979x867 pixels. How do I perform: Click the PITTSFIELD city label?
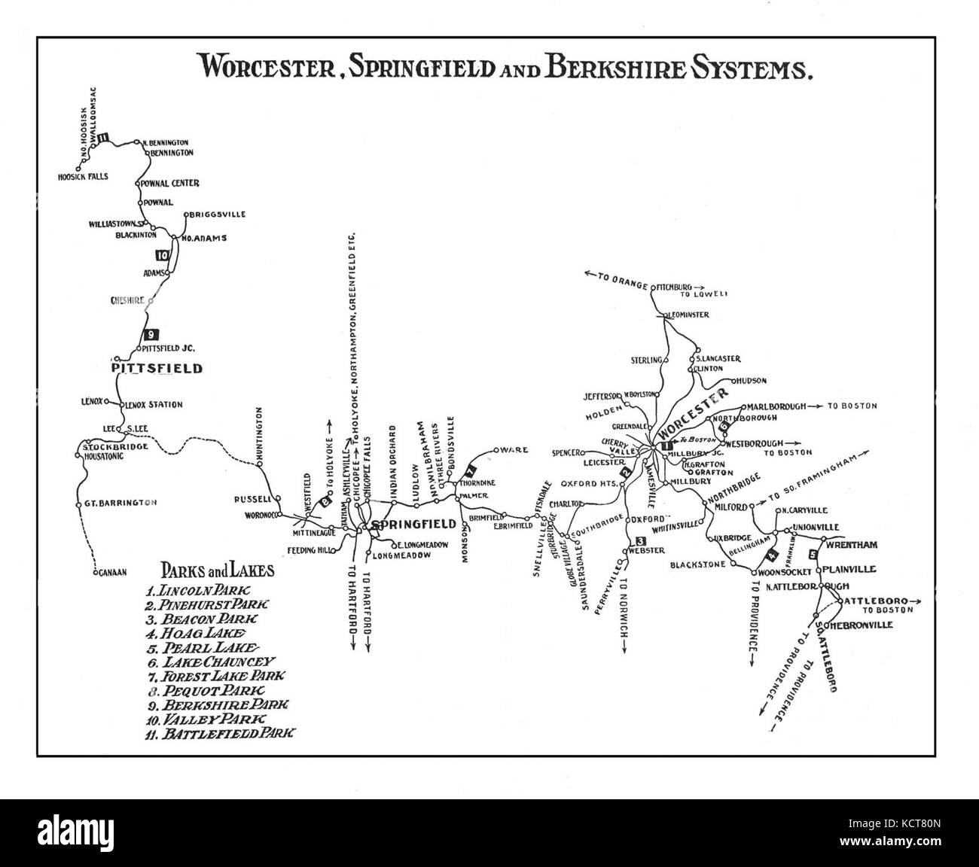pos(156,369)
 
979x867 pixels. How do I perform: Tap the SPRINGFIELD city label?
pos(413,524)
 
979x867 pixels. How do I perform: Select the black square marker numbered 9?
pos(151,335)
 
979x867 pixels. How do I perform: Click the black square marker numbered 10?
pos(160,255)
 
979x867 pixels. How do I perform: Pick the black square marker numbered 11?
pos(103,137)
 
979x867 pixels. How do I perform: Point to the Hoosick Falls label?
pos(83,177)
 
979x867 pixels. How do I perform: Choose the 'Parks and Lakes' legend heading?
pos(218,570)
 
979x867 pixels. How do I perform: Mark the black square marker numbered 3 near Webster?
pos(641,541)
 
